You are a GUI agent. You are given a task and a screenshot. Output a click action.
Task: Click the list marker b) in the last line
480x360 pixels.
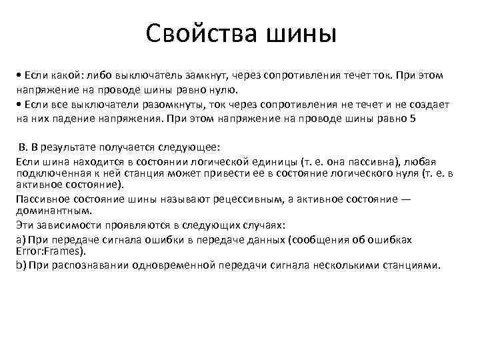tap(20, 265)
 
